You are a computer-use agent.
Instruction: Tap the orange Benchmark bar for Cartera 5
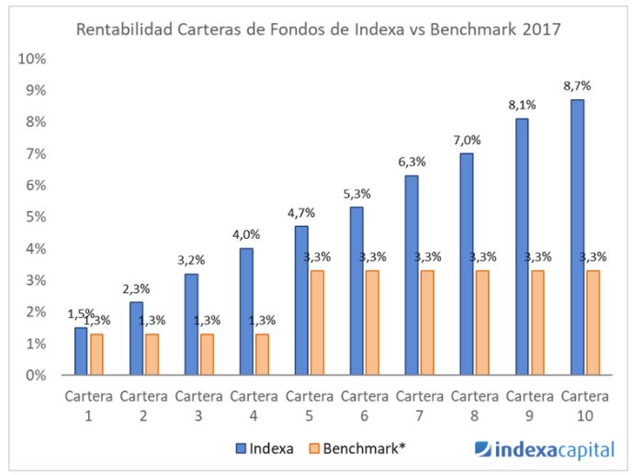(x=317, y=322)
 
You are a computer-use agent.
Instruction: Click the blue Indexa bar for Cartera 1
(x=81, y=351)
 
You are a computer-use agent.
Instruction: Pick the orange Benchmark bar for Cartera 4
(x=262, y=354)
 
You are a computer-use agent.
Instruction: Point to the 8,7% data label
(x=577, y=85)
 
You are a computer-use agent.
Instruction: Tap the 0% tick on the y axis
(x=37, y=375)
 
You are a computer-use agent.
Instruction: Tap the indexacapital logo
(x=544, y=449)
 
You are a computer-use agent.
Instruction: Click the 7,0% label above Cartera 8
(x=467, y=140)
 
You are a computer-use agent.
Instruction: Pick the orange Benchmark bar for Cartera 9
(x=537, y=322)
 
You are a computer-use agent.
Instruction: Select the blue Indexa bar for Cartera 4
(x=246, y=311)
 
